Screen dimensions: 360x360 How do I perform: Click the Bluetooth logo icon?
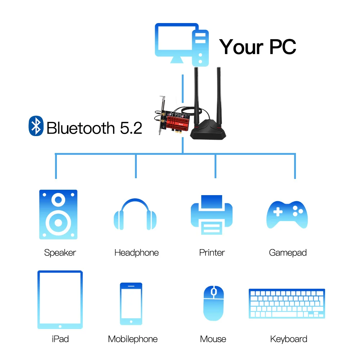(36, 126)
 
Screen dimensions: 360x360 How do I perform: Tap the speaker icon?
(58, 215)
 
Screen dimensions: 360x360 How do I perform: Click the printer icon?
(211, 215)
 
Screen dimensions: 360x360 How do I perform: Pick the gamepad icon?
(287, 215)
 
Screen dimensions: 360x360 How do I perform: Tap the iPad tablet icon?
(60, 300)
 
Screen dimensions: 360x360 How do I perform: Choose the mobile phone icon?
(131, 304)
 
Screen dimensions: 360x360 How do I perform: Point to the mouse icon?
(213, 303)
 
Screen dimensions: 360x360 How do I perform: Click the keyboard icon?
(287, 303)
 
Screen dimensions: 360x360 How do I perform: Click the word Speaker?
(60, 253)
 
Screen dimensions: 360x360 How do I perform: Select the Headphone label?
(136, 253)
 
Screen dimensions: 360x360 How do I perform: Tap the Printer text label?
(212, 253)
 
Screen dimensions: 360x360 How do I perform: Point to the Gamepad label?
(288, 253)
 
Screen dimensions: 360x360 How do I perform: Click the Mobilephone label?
(133, 339)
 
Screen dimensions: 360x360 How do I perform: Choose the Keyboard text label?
(288, 339)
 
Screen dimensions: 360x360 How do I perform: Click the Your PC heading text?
(258, 47)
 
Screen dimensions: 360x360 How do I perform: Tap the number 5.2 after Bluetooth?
(131, 128)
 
